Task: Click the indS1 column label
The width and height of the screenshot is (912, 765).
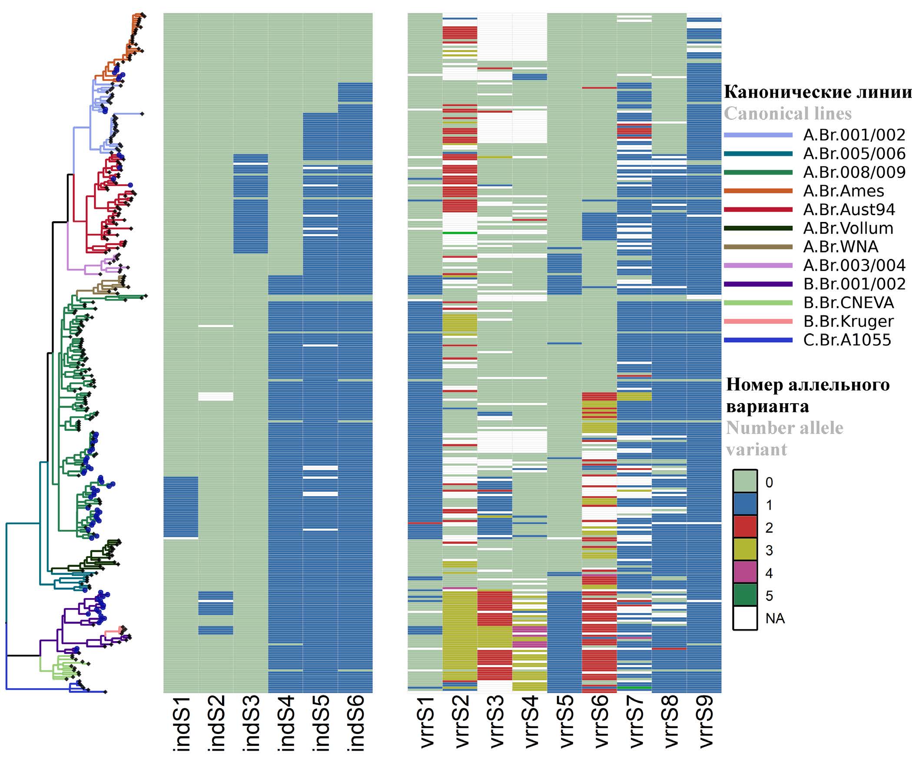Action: [x=182, y=724]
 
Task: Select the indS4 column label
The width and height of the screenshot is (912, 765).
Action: [x=286, y=724]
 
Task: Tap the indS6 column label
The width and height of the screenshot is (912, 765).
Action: [x=355, y=724]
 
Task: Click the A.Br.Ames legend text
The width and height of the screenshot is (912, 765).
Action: [x=843, y=191]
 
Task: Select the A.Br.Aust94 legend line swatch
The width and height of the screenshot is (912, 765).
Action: [x=758, y=209]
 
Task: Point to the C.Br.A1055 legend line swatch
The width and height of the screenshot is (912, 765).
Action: [x=758, y=340]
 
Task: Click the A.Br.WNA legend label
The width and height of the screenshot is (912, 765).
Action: [x=841, y=247]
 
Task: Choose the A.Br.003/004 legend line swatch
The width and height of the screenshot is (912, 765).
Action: [x=758, y=265]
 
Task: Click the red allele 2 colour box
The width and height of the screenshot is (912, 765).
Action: [x=745, y=527]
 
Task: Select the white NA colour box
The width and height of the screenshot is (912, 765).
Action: [x=745, y=618]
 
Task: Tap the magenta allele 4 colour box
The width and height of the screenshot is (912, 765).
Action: [x=745, y=573]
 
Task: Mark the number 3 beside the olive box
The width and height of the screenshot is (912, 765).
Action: [x=769, y=550]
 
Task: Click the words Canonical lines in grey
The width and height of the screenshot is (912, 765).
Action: [x=787, y=114]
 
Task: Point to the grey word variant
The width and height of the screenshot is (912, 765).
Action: [x=756, y=450]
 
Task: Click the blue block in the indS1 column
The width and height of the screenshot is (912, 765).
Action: [x=181, y=507]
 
